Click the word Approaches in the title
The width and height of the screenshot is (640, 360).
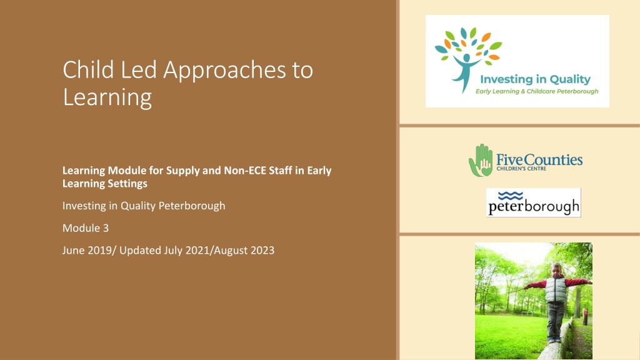point(224,71)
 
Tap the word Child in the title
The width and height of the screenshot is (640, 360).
point(88,69)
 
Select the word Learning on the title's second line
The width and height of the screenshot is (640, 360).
point(107,97)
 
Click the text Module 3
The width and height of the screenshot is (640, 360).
point(86,227)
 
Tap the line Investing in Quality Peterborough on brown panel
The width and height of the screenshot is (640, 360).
point(144,206)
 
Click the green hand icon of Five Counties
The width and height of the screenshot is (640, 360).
point(481,160)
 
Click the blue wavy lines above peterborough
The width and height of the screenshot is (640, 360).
point(511,196)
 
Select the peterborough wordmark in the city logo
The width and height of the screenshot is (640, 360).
point(534,207)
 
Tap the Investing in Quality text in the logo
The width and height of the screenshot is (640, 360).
point(535,79)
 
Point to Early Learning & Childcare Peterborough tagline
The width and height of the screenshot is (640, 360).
point(537,91)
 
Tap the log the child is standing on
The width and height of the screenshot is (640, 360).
point(557,342)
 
